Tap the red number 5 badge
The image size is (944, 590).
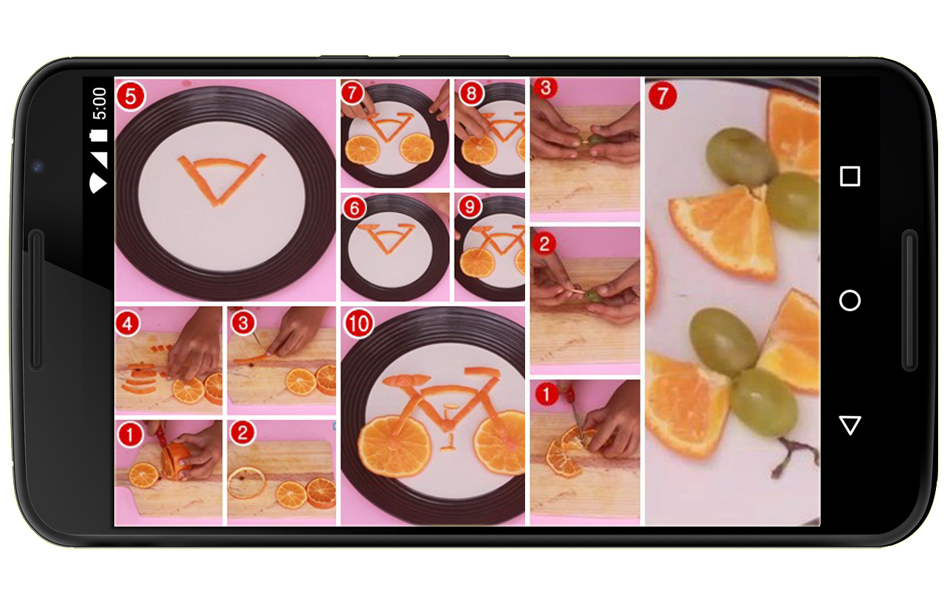(131, 96)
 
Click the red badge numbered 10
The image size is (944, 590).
(359, 323)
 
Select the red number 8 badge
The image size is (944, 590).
(471, 93)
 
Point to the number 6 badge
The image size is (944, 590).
(354, 208)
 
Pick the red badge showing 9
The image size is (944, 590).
(470, 206)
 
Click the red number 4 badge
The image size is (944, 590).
(128, 324)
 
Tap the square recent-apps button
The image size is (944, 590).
(850, 176)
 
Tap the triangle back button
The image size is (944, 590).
(850, 425)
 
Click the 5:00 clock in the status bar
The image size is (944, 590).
(100, 104)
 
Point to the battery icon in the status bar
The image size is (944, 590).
(99, 135)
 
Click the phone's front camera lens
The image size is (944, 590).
(38, 167)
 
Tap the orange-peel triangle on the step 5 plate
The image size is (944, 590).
(221, 179)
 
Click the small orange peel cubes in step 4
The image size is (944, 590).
(161, 350)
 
